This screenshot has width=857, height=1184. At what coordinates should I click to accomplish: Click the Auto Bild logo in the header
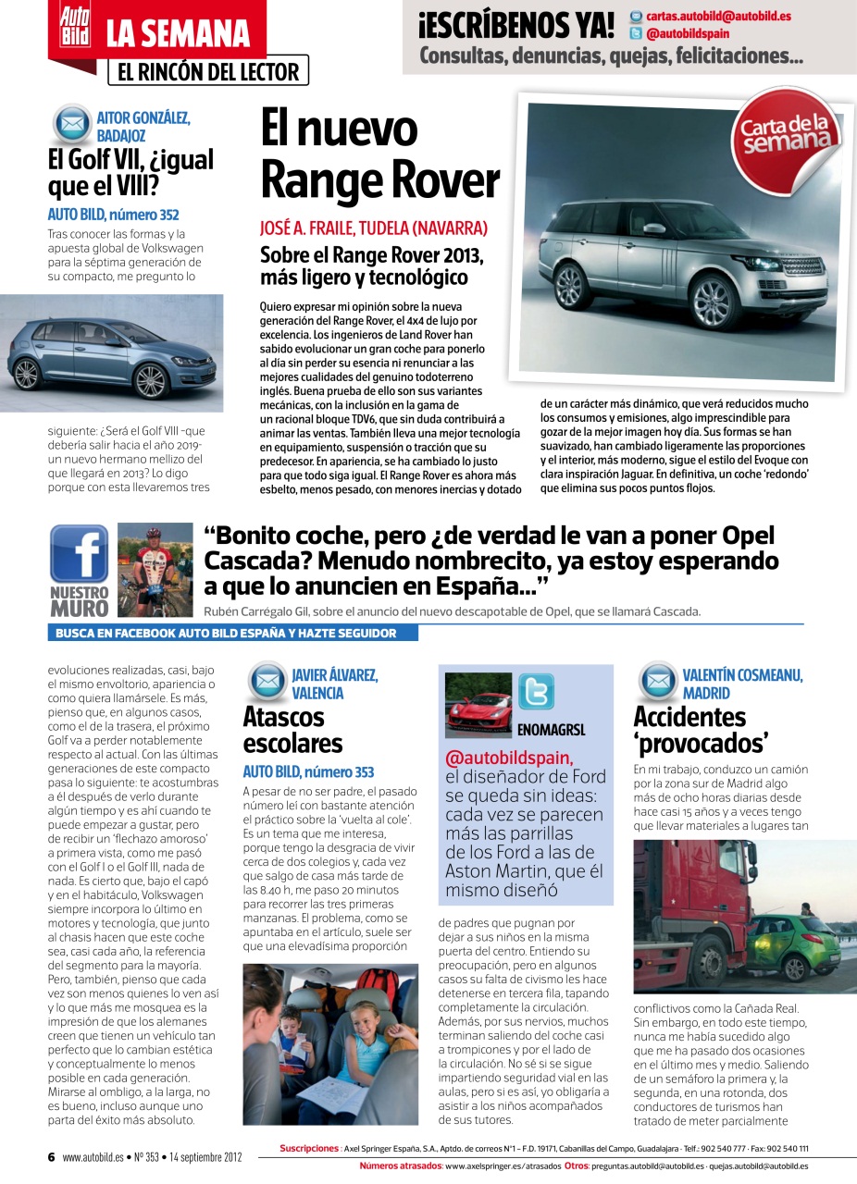point(75,26)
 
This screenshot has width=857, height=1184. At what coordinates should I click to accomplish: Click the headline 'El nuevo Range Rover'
point(379,154)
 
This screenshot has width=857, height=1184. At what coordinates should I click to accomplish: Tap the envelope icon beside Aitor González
point(71,123)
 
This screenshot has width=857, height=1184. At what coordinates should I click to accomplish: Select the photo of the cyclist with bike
point(155,570)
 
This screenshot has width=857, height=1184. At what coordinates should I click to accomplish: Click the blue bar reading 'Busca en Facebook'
point(232,634)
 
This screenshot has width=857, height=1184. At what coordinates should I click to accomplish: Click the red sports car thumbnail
point(478,704)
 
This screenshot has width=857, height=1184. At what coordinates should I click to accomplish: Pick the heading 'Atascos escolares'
point(292,730)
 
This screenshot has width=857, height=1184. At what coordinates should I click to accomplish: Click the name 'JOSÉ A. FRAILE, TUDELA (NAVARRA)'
point(373,228)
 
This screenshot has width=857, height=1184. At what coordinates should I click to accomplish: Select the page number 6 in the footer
point(52,1156)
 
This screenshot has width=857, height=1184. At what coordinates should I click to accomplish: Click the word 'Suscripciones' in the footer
point(308,1149)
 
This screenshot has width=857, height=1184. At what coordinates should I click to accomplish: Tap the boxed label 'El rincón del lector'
point(208,71)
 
